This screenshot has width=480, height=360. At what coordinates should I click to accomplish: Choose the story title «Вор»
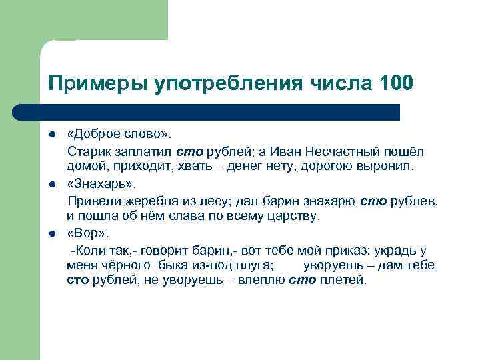coord(86,233)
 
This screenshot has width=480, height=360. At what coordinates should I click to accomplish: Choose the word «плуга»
coord(249,265)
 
